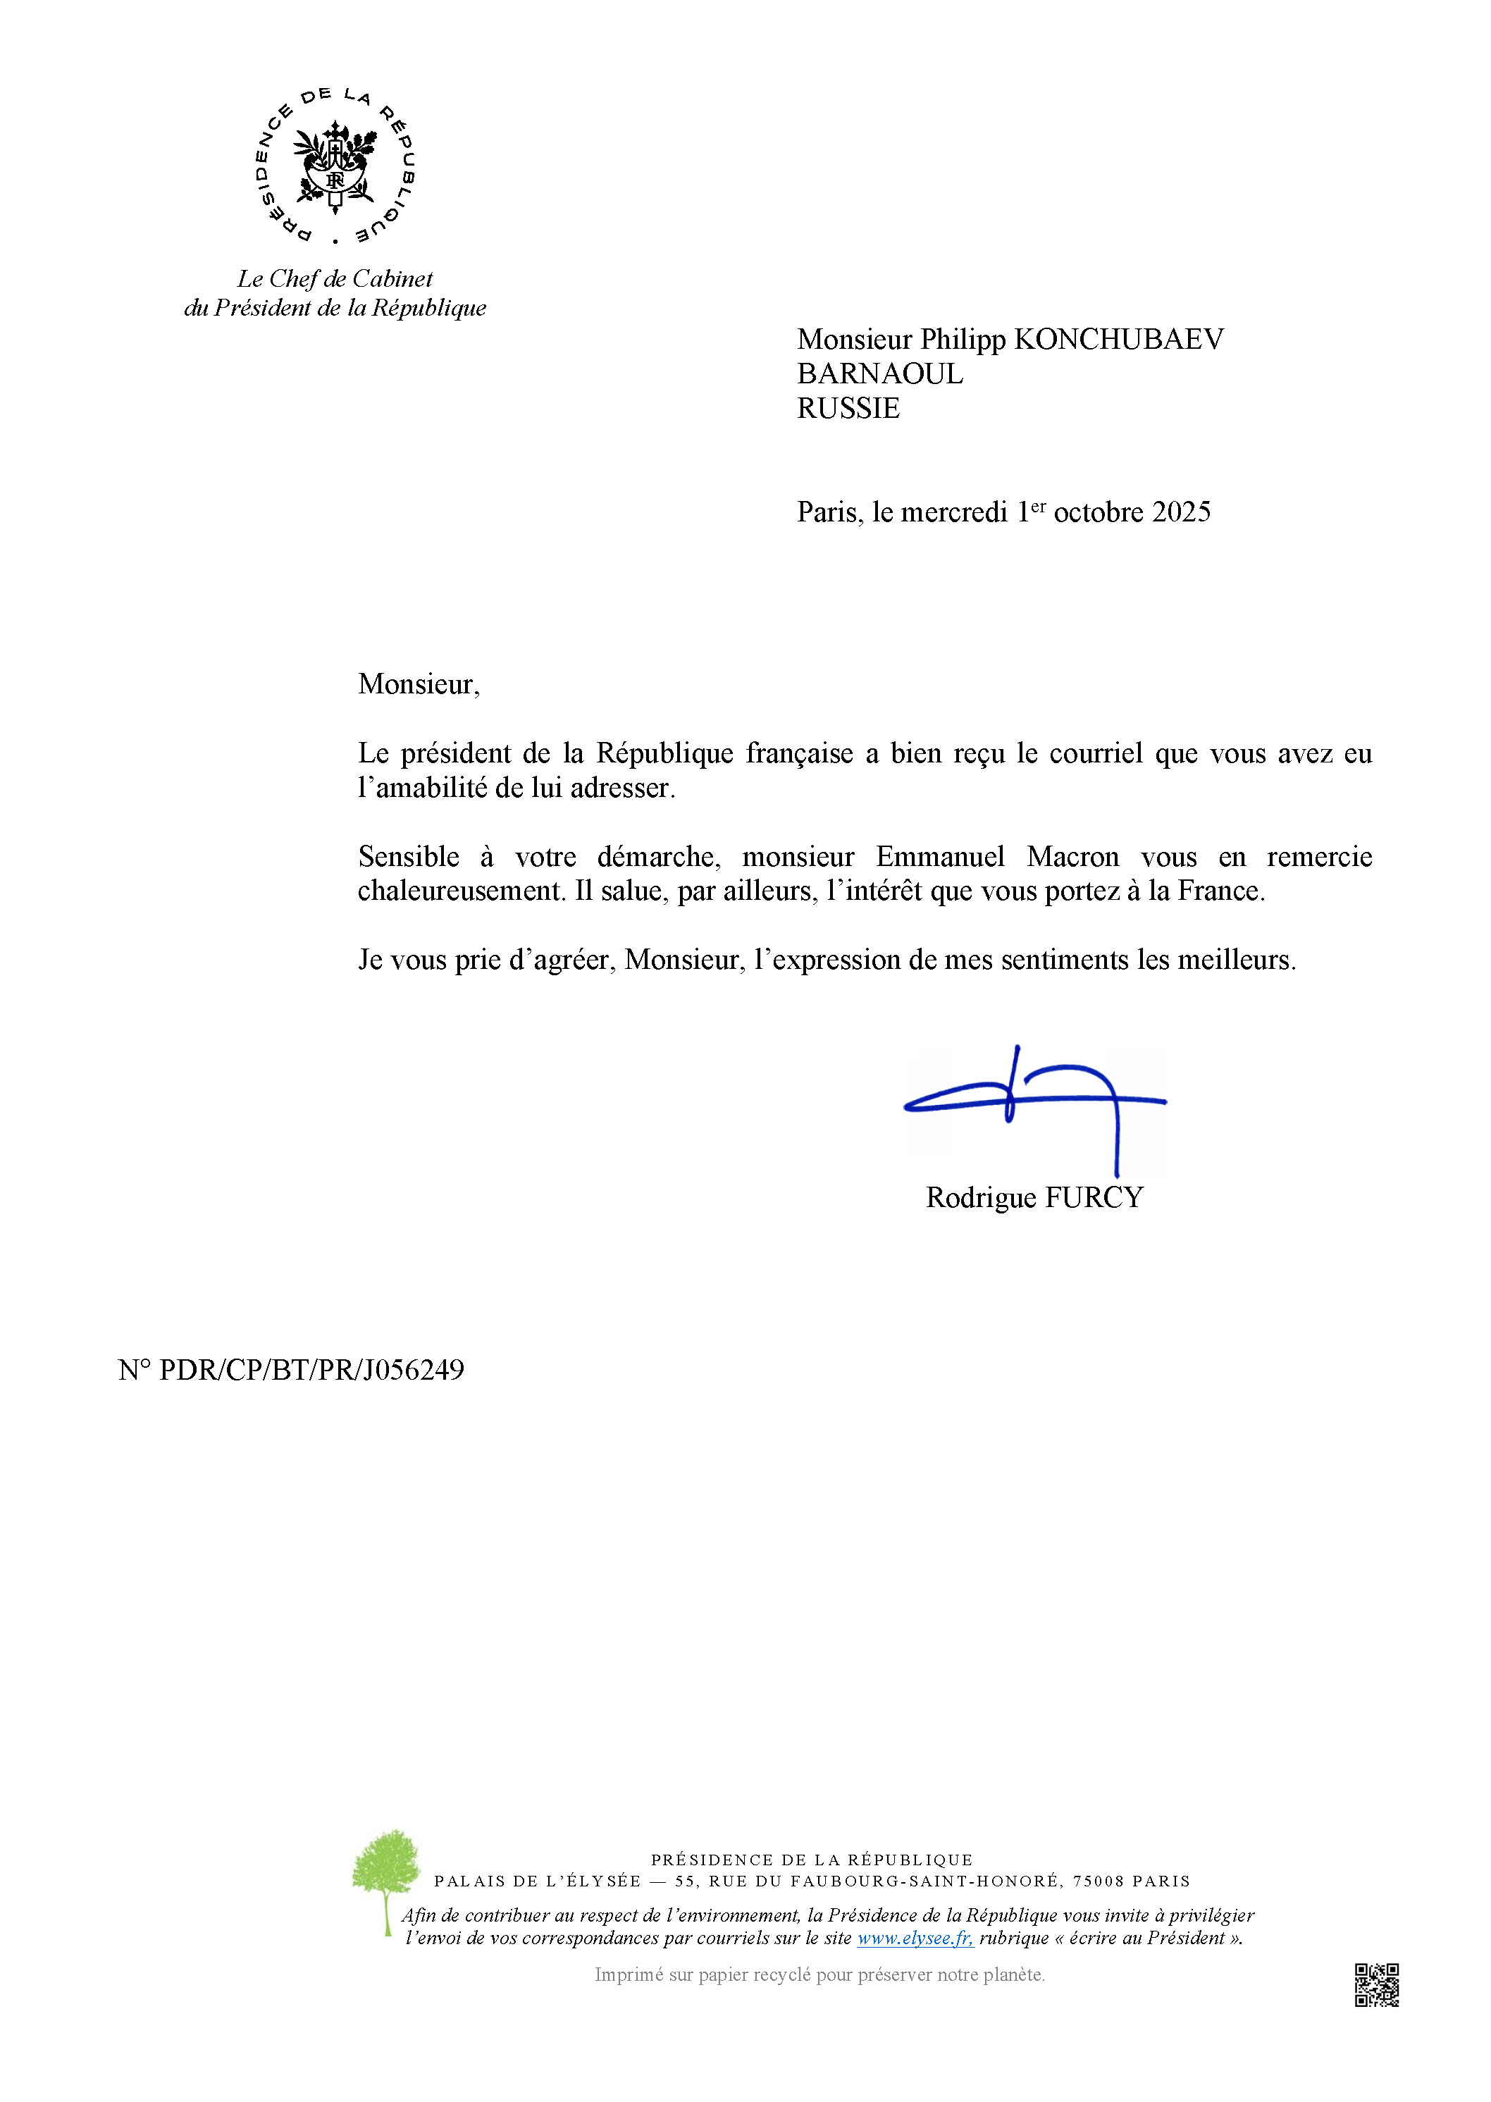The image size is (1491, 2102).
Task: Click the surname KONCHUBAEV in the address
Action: click(1118, 340)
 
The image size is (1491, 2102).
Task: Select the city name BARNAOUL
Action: click(879, 373)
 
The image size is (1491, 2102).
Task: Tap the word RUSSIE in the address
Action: click(848, 409)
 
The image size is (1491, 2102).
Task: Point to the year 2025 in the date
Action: click(1181, 512)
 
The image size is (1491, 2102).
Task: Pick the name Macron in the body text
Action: click(1072, 858)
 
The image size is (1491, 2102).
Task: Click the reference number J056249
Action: click(413, 1371)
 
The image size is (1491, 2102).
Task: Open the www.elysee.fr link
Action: click(915, 1939)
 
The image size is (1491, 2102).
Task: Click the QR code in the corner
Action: click(1376, 1986)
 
